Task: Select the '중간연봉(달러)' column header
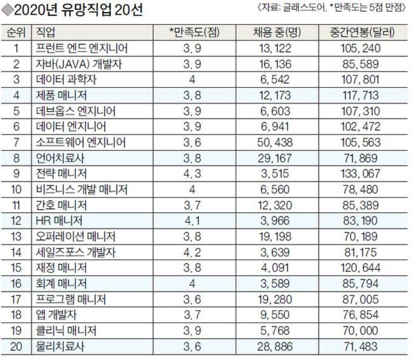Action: coord(362,33)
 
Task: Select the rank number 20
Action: coord(17,347)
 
